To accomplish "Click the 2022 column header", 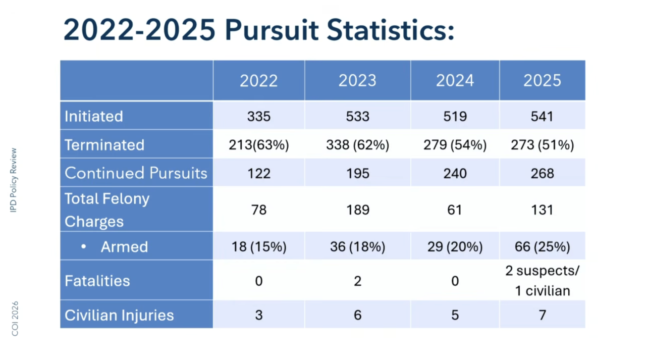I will click(x=258, y=81).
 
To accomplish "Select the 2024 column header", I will click(x=455, y=81).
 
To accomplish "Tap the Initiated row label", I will click(x=94, y=116).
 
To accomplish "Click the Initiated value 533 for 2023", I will click(x=357, y=116).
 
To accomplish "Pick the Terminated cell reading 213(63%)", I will click(x=258, y=145).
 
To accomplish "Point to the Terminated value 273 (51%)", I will click(x=543, y=145).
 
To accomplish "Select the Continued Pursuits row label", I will click(x=136, y=173).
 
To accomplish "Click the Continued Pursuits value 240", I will click(x=455, y=173).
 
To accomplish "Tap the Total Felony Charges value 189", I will click(x=357, y=210).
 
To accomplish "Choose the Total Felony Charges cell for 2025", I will click(x=543, y=210).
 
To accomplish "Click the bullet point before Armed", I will click(x=84, y=247).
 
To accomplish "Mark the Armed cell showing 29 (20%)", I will click(x=455, y=247).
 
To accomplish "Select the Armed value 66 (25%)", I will click(x=543, y=247).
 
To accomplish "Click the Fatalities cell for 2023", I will click(x=357, y=281).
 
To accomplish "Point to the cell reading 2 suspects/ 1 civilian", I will click(x=543, y=281).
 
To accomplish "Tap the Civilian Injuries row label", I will click(x=119, y=315).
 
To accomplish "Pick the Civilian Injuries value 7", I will click(x=543, y=315).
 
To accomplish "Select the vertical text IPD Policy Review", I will click(x=14, y=180).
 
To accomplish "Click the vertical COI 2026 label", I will click(x=14, y=319).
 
